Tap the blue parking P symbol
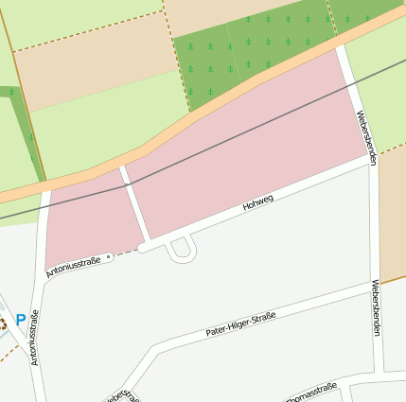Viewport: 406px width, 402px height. pos(20,321)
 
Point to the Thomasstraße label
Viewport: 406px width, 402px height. pos(311,392)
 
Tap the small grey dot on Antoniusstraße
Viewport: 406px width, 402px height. pos(110,256)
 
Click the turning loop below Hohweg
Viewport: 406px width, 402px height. pos(181,249)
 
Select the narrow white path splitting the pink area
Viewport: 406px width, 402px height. pos(134,203)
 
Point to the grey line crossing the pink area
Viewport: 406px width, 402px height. pos(237,140)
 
